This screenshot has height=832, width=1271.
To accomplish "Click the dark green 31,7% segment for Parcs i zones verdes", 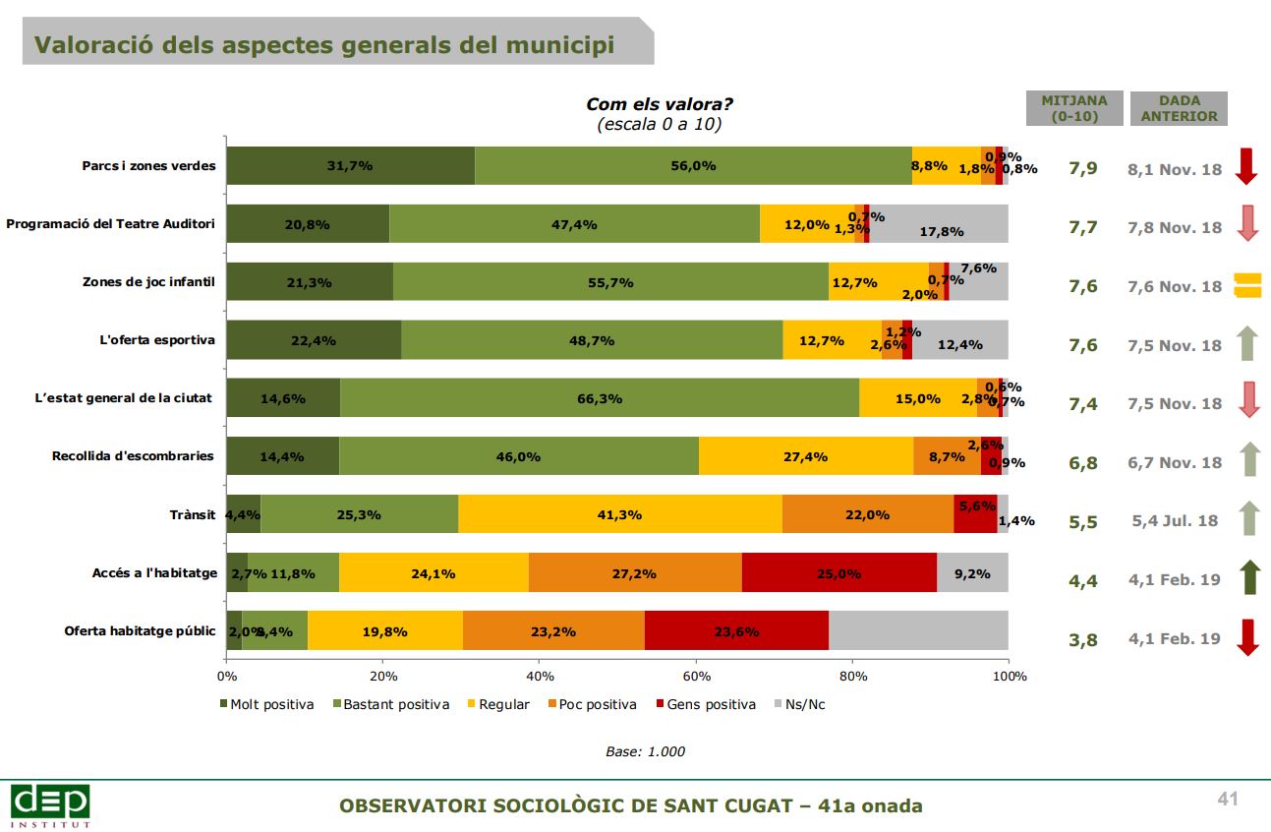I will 350,165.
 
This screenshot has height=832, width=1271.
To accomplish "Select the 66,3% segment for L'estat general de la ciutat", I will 600,398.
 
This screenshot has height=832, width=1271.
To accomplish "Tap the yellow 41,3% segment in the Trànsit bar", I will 619,514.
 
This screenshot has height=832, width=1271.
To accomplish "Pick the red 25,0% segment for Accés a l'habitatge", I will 838,572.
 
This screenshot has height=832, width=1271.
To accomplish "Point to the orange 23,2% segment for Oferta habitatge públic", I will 552,631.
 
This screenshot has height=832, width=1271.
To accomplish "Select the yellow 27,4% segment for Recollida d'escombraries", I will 805,456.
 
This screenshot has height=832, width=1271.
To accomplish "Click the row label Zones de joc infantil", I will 148,282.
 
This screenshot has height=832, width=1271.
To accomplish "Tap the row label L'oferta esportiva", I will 157,340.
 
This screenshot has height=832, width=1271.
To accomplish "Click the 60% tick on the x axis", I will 696,677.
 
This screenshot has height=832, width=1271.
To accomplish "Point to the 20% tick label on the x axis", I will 382,677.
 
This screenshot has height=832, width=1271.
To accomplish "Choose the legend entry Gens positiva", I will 711,704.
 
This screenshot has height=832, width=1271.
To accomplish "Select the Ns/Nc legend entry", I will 801,704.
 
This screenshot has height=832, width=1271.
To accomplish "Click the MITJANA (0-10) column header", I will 1074,108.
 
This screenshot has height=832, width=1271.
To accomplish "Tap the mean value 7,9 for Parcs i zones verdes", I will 1082,168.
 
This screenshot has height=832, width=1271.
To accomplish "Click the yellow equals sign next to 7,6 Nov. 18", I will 1246,285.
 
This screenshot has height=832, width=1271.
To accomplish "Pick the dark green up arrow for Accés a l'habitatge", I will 1246,578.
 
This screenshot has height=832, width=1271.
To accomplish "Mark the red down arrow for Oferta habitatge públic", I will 1246,637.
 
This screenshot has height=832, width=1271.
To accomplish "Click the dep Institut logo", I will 50,804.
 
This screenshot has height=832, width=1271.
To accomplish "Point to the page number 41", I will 1227,799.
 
